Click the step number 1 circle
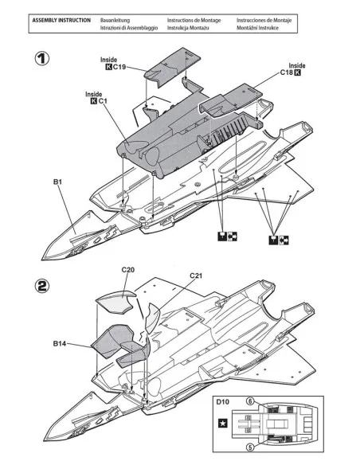(41, 59)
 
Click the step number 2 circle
(41, 286)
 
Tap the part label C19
(119, 67)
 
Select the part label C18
(287, 72)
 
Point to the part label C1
(103, 101)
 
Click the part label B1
(57, 182)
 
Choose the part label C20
(127, 270)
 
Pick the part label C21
(196, 275)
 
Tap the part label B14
(60, 343)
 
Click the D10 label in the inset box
(222, 402)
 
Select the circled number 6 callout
(251, 401)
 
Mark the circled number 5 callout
(251, 447)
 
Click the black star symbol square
(223, 423)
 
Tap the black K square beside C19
(109, 67)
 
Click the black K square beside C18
(297, 72)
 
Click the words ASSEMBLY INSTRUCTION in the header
(61, 21)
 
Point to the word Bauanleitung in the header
(115, 21)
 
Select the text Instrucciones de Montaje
(264, 21)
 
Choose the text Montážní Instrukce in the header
(257, 28)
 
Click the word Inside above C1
(94, 94)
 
